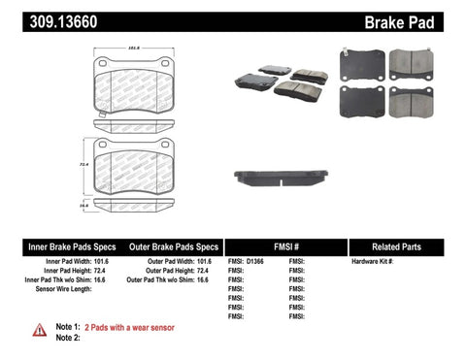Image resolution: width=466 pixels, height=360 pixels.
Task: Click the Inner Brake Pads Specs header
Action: (59, 247)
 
